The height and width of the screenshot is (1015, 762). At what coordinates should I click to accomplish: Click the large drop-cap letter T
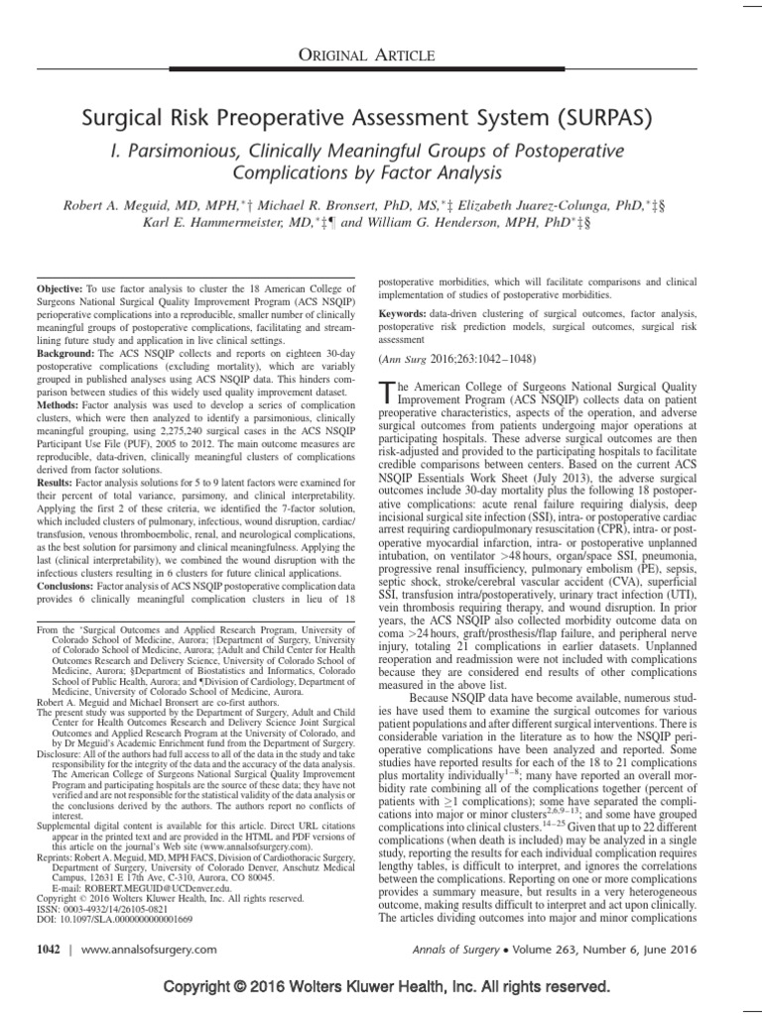tap(388, 395)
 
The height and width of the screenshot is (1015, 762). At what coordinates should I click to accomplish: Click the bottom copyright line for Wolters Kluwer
tap(380, 988)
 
